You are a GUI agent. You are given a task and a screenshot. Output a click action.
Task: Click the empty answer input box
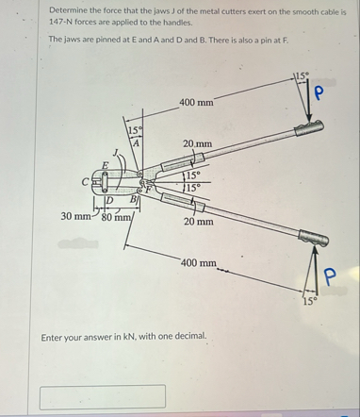click(103, 396)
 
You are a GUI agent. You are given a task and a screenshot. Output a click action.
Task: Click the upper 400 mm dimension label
click(196, 103)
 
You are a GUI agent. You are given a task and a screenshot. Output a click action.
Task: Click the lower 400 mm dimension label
click(199, 262)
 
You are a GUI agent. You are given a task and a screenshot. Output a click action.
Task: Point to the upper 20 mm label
click(198, 144)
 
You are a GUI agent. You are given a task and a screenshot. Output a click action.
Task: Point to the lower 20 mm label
click(199, 222)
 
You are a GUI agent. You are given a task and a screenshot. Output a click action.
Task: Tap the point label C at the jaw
click(85, 182)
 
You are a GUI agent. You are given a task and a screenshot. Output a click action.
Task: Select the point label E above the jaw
click(106, 165)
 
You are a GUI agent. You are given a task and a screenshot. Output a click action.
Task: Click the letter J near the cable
click(116, 153)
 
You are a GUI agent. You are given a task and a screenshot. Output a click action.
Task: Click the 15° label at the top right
click(303, 75)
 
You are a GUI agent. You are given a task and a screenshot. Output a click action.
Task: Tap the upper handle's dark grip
click(309, 128)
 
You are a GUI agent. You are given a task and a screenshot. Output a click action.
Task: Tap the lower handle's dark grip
click(314, 238)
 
